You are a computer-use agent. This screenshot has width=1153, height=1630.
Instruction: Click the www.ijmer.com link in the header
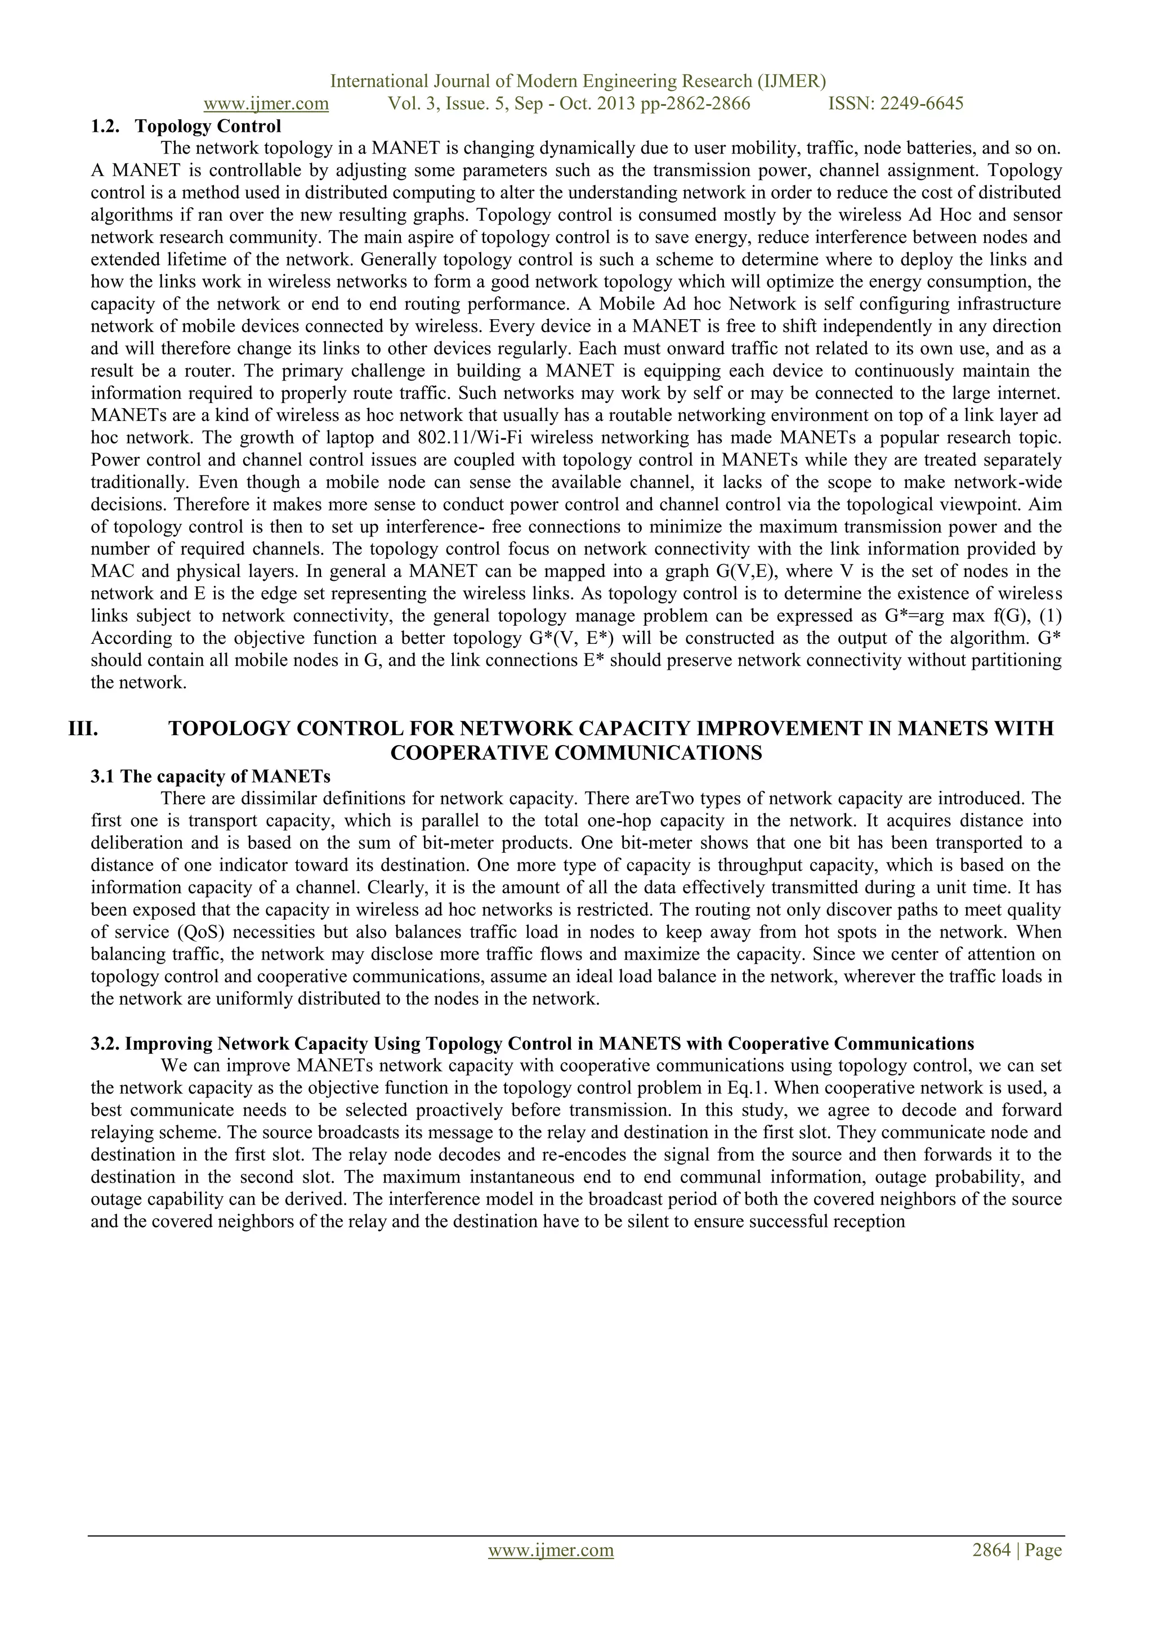tap(266, 104)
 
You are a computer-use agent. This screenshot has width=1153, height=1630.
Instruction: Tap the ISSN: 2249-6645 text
tap(895, 104)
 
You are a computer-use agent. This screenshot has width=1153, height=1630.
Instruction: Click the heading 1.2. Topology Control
tap(186, 127)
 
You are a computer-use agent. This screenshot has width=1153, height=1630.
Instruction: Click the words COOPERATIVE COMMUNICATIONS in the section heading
tap(576, 753)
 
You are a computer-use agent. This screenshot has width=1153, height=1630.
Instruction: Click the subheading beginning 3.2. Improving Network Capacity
tap(532, 1044)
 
